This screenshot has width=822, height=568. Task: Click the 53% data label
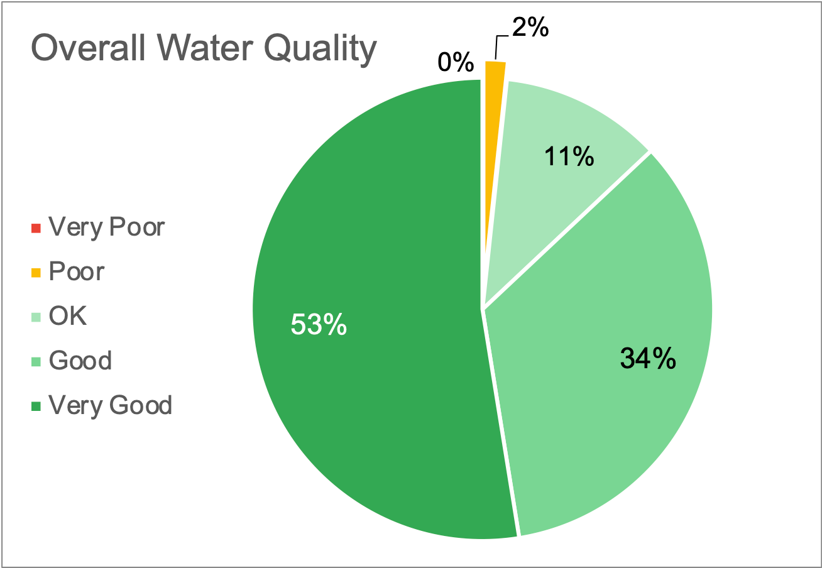point(319,325)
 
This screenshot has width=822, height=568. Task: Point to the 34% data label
point(648,358)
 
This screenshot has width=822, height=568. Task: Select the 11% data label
point(569,157)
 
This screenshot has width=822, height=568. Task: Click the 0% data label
point(455,63)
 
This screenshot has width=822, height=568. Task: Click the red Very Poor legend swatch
point(36,227)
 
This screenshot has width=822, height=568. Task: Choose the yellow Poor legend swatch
point(36,272)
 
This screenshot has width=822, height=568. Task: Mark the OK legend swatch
point(36,317)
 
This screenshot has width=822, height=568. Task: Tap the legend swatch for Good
point(36,361)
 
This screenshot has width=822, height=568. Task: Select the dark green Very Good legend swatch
point(36,406)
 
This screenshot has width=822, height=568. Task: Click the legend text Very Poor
point(106,227)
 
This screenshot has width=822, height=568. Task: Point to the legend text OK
point(68,317)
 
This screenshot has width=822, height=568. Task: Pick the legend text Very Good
point(110,405)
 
